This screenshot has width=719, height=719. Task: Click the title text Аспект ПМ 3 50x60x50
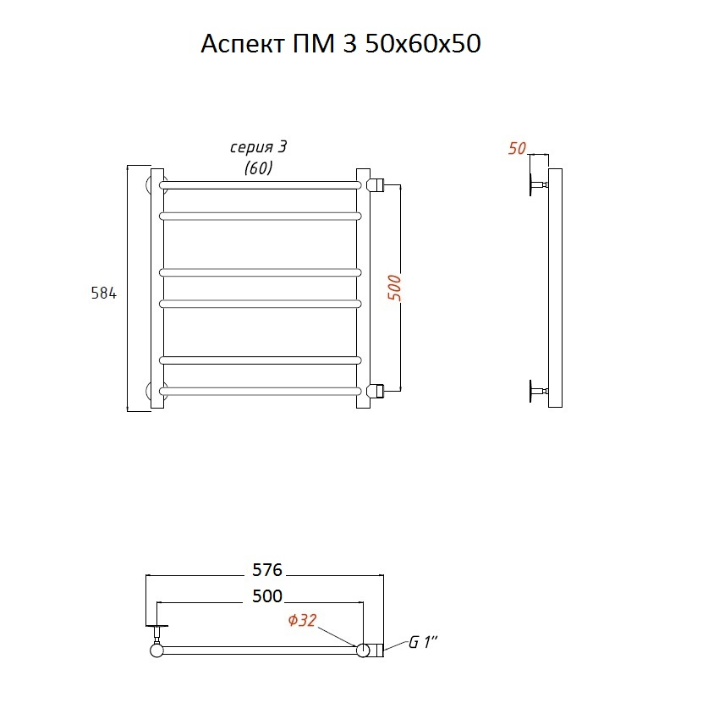341,44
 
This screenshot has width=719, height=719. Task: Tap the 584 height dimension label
104,293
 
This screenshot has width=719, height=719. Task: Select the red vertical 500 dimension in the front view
394,288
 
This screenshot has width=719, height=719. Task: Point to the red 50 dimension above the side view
517,148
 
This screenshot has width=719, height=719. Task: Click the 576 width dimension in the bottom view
267,570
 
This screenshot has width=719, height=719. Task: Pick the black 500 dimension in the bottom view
267,596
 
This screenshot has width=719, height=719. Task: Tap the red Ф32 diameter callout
303,620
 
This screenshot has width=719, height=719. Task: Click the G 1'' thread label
423,642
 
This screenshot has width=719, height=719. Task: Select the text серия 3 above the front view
258,147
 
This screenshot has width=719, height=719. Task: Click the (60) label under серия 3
258,168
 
